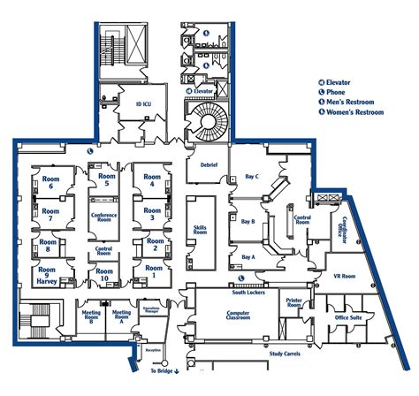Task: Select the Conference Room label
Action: pyautogui.click(x=104, y=217)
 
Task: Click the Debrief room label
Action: pyautogui.click(x=209, y=165)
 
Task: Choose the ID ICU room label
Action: pyautogui.click(x=144, y=104)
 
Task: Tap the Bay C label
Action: pyautogui.click(x=252, y=177)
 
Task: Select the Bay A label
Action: pyautogui.click(x=248, y=257)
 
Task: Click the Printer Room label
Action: pyautogui.click(x=294, y=303)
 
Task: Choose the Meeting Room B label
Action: pyautogui.click(x=91, y=316)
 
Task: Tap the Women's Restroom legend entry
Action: pyautogui.click(x=354, y=112)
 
